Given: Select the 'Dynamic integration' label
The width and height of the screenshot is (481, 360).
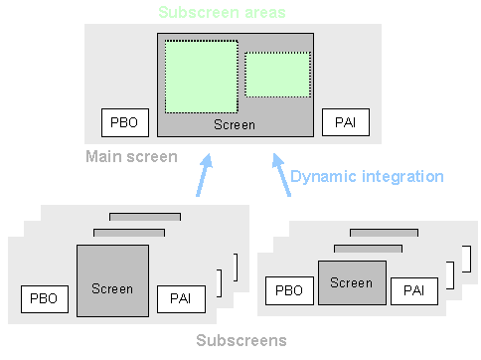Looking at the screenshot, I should tap(366, 176).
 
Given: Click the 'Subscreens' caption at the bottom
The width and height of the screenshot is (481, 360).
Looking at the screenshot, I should tap(241, 340).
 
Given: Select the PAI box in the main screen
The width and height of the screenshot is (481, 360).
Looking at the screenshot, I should tap(346, 123).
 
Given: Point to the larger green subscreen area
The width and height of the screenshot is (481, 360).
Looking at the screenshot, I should tap(201, 77).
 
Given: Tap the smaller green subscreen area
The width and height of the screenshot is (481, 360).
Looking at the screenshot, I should tap(277, 75).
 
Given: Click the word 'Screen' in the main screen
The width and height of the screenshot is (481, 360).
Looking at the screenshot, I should tap(235, 125).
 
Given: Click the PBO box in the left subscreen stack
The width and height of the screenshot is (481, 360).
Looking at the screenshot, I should tap(43, 297).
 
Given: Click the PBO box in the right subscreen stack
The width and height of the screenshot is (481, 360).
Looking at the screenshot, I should tap(289, 290).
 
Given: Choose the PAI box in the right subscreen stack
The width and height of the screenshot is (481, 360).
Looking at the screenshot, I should tap(413, 290).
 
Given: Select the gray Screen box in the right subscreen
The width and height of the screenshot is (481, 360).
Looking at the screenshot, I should tap(352, 281).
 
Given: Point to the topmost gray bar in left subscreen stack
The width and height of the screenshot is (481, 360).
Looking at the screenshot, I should tap(145, 216).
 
